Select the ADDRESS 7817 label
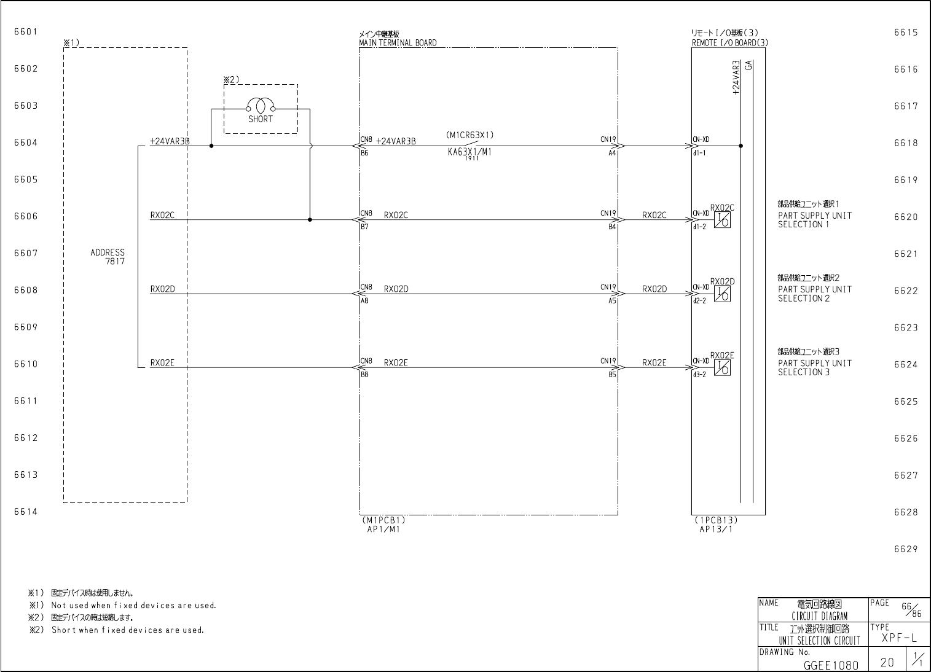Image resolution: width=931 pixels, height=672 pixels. tap(108, 257)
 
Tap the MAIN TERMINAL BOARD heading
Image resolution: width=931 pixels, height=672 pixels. tap(398, 43)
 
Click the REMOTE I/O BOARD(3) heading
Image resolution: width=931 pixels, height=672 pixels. tap(729, 43)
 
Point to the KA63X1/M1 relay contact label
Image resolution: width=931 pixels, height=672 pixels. tap(469, 153)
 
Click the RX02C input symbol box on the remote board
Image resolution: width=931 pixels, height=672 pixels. tap(723, 221)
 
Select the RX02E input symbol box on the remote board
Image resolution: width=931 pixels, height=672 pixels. tap(723, 368)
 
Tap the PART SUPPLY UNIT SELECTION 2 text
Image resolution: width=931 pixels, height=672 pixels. tap(815, 294)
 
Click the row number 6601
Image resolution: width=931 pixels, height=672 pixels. tap(26, 32)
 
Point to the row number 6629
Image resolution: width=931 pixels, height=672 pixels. tap(906, 549)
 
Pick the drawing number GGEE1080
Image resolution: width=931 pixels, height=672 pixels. tap(831, 664)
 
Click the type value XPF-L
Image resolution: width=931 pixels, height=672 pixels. tap(899, 638)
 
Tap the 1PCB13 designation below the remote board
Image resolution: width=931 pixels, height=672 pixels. tap(716, 520)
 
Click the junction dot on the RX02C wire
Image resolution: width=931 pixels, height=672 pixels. tap(310, 220)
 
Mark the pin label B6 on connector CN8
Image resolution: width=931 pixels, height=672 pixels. tap(364, 153)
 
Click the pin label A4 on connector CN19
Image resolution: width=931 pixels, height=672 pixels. tap(612, 153)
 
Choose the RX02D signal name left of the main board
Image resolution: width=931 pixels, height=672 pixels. tap(162, 289)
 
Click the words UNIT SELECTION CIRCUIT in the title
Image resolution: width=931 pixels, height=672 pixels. tap(819, 641)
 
